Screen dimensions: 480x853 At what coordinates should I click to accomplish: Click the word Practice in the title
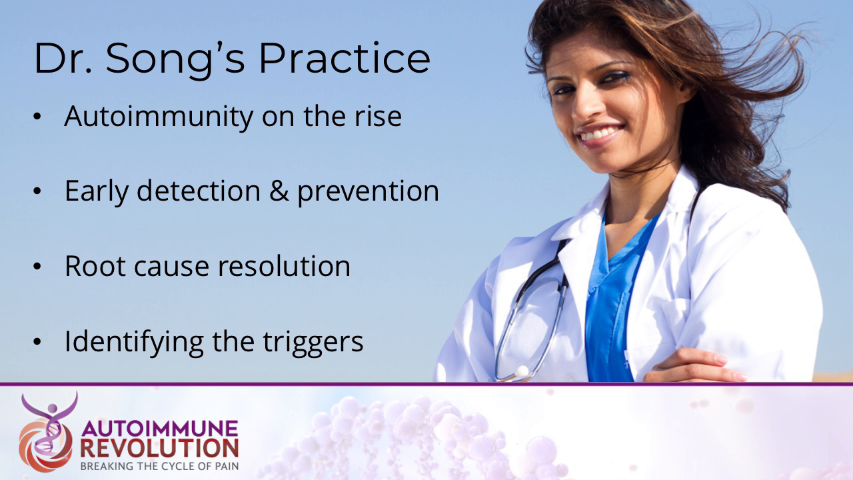pyautogui.click(x=344, y=59)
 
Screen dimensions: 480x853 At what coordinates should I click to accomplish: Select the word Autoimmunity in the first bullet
pyautogui.click(x=159, y=117)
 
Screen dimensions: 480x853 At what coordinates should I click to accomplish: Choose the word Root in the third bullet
pyautogui.click(x=92, y=266)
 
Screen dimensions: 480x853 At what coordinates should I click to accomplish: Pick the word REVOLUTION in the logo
pyautogui.click(x=159, y=447)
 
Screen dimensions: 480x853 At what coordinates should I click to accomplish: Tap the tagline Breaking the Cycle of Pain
pyautogui.click(x=159, y=465)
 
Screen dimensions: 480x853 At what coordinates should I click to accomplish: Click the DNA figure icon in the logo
pyautogui.click(x=46, y=432)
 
